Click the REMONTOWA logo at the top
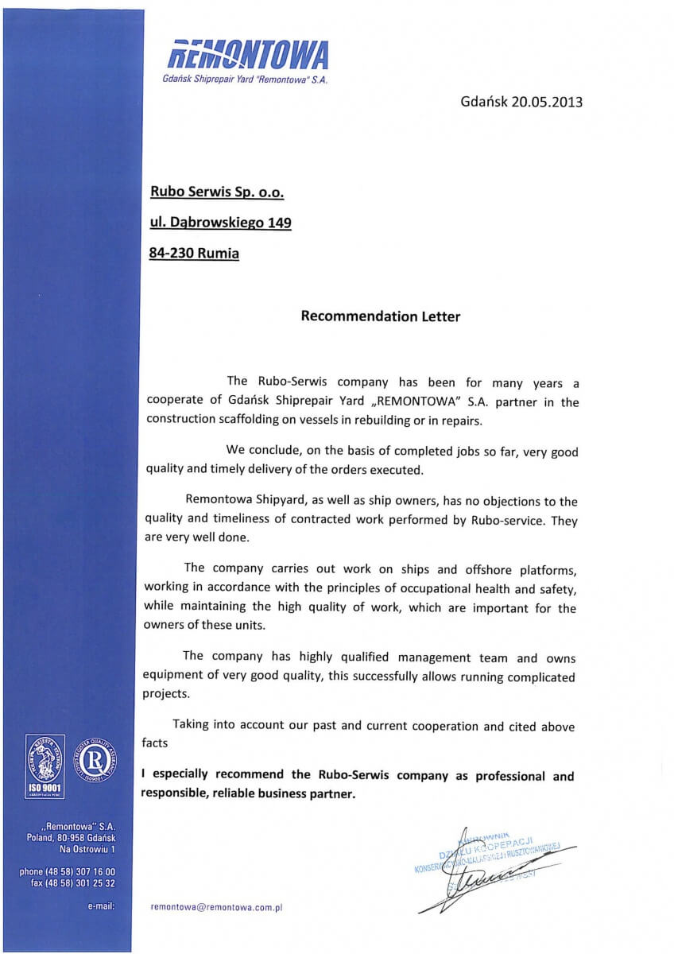coord(248,56)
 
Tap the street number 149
coord(279,223)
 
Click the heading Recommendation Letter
coord(380,316)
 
